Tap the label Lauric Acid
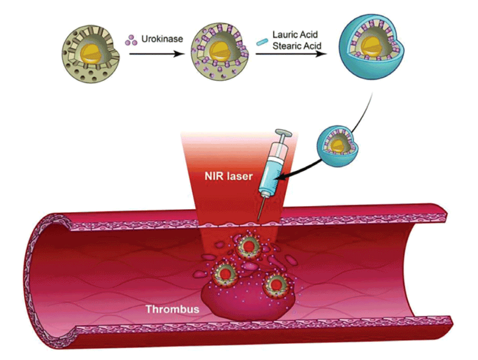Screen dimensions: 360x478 click(x=295, y=36)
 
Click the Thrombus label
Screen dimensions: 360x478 click(x=172, y=309)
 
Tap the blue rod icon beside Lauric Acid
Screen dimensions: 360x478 click(x=262, y=42)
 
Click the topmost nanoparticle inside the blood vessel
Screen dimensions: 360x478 click(x=248, y=247)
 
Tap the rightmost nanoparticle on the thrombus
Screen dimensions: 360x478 click(x=275, y=284)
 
